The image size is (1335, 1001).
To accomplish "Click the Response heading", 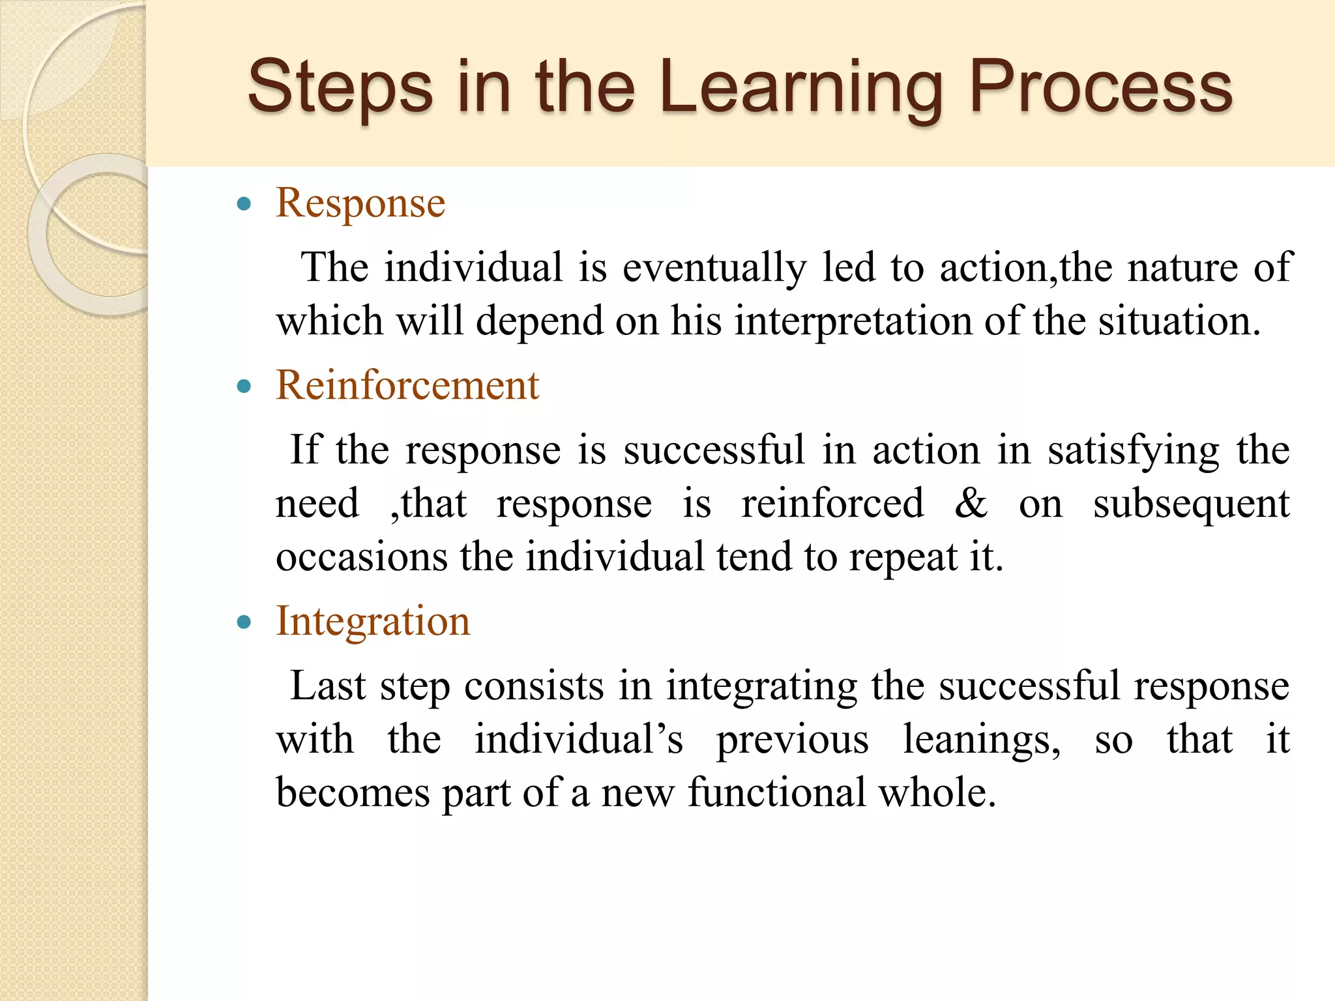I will pyautogui.click(x=360, y=203).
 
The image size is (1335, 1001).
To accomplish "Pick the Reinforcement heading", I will pyautogui.click(x=407, y=385).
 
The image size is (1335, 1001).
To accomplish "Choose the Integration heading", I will pyautogui.click(x=373, y=621).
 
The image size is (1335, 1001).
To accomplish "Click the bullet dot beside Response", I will pyautogui.click(x=244, y=205).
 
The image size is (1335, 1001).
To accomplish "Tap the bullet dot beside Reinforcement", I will pyautogui.click(x=244, y=387).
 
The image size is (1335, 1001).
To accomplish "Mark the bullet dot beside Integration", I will pyautogui.click(x=244, y=623).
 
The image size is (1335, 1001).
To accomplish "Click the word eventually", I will pyautogui.click(x=714, y=268).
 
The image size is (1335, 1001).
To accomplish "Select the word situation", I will pyautogui.click(x=1179, y=321).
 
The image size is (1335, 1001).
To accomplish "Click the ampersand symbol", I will pyautogui.click(x=971, y=504).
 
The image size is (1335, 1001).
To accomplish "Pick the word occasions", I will pyautogui.click(x=362, y=557).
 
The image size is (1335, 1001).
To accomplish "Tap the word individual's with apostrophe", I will pyautogui.click(x=578, y=740).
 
